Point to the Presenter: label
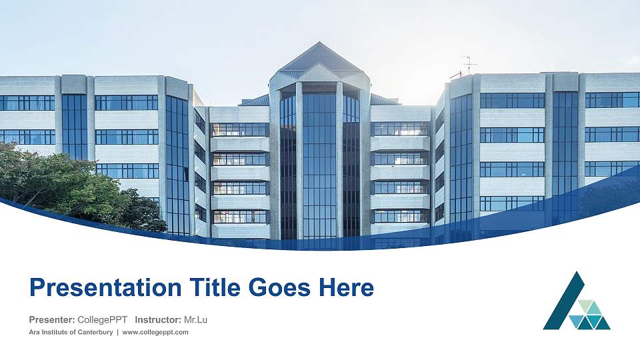[x=52, y=320]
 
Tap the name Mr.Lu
[x=195, y=320]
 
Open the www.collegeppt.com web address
[x=155, y=332]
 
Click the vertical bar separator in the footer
[x=117, y=332]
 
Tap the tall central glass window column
[x=320, y=167]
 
